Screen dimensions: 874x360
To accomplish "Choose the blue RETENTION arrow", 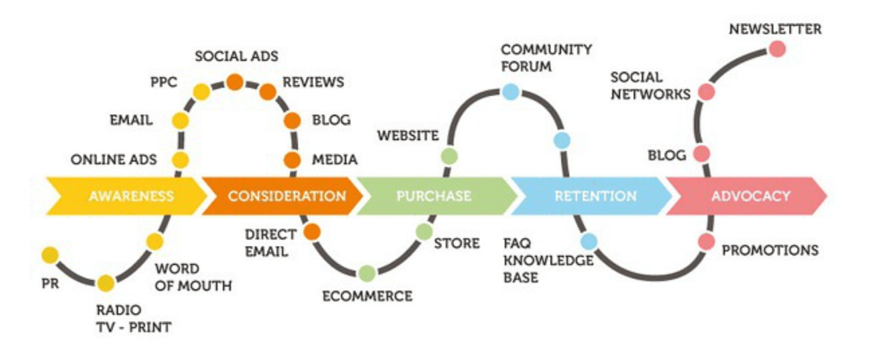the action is (x=591, y=196).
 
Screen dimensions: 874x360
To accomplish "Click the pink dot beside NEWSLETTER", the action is (x=777, y=49).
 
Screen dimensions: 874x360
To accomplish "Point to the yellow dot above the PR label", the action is (x=50, y=255).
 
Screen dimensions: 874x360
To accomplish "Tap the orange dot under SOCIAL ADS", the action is (x=235, y=82).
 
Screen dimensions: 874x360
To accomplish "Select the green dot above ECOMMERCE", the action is (x=367, y=273).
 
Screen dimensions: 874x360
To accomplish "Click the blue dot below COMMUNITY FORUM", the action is (x=510, y=92).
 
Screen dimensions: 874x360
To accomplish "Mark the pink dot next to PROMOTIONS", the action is (x=706, y=242).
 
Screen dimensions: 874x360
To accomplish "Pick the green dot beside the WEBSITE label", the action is (x=449, y=156).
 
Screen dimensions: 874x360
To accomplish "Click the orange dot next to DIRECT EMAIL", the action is (x=311, y=232).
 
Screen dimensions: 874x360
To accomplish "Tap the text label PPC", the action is (x=164, y=83).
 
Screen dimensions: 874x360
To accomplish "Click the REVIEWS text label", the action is (x=313, y=83).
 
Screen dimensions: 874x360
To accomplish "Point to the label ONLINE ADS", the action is (x=113, y=160).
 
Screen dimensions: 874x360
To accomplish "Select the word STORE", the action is (x=457, y=244).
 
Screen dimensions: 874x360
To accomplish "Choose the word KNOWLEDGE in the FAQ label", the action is (x=548, y=261).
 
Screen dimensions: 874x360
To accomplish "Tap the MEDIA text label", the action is (x=335, y=160).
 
